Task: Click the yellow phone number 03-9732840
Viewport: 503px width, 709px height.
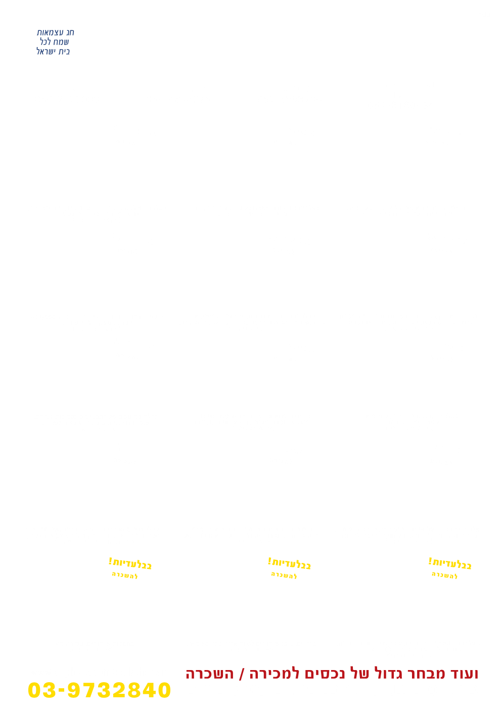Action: [100, 690]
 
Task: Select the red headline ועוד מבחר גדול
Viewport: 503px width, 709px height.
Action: [331, 674]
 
